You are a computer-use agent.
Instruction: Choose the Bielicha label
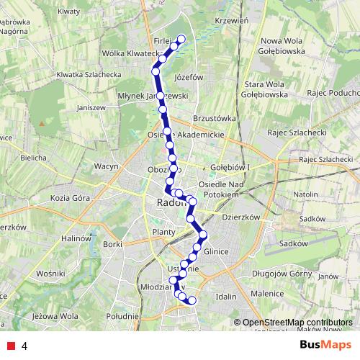click(x=34, y=157)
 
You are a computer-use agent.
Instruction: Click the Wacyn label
click(x=105, y=166)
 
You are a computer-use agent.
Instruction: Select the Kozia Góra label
click(x=71, y=197)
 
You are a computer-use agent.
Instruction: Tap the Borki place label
click(x=113, y=244)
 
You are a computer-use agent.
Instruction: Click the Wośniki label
click(x=50, y=274)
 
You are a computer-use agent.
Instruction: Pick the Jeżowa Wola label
click(x=55, y=315)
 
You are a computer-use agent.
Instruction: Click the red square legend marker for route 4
click(x=10, y=346)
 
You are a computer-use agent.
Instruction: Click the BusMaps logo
click(x=326, y=345)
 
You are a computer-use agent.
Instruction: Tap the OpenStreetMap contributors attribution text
click(x=297, y=323)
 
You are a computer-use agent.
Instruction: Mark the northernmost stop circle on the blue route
click(x=181, y=39)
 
